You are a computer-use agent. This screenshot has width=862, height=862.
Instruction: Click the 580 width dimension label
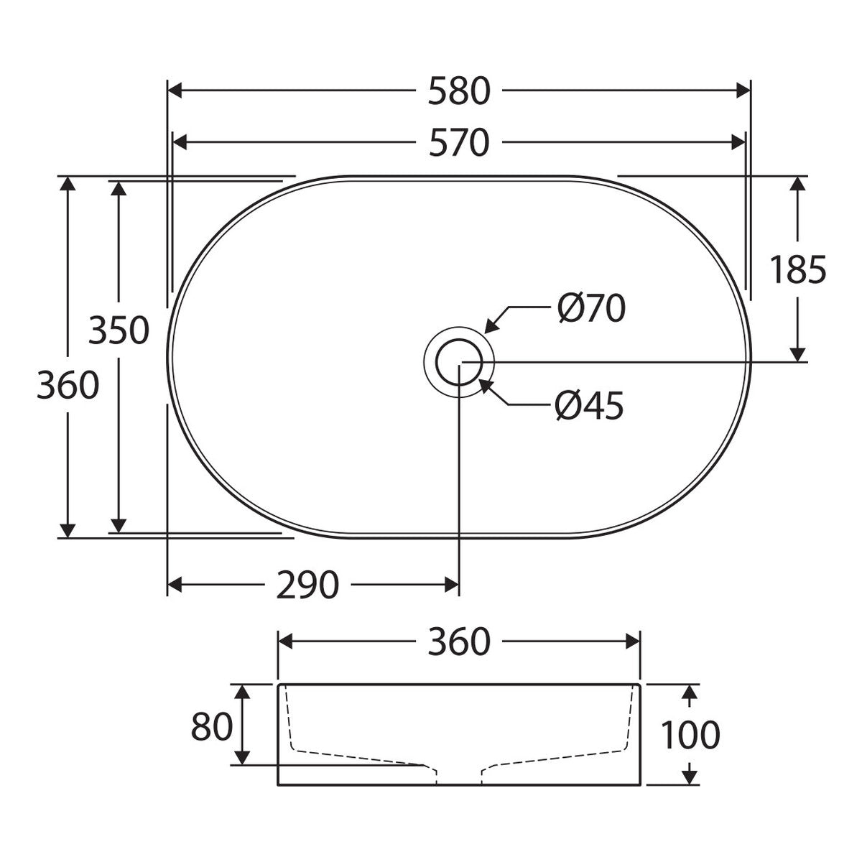coord(459,91)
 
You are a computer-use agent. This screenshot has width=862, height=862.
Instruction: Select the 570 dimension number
coord(459,143)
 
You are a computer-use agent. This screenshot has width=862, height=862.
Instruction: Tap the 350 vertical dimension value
coord(119,330)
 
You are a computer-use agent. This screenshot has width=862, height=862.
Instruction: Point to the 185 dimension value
coord(797,270)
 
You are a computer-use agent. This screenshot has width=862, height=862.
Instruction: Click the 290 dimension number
coord(307,585)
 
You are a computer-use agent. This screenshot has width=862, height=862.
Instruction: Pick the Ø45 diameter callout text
coord(589,405)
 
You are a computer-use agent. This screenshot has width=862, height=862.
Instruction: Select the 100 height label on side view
coord(690,735)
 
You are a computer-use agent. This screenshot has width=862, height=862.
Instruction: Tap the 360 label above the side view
coord(459,642)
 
